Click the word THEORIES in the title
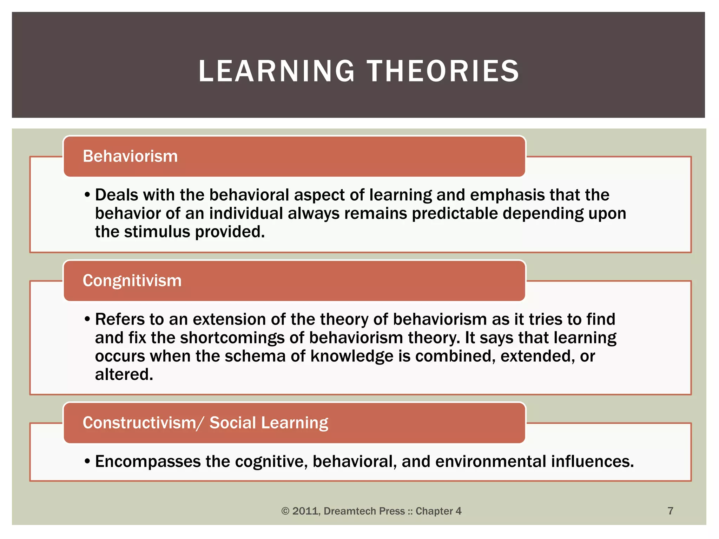[443, 71]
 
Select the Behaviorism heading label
[130, 157]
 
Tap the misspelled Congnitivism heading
[132, 281]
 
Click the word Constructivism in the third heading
[139, 423]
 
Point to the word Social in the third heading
[232, 423]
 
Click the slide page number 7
[670, 511]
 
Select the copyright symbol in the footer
[285, 511]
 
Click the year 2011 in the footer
[306, 511]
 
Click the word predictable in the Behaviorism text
[455, 214]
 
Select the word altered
[124, 375]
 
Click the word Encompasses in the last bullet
[148, 462]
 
